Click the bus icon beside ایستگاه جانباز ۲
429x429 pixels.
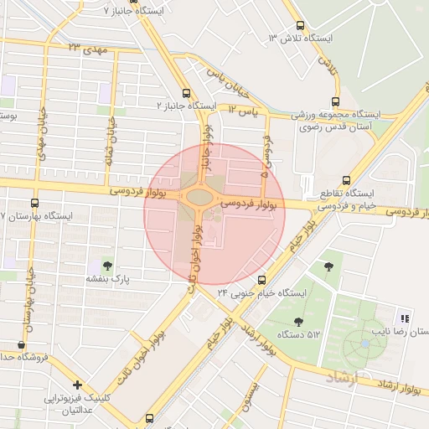185,94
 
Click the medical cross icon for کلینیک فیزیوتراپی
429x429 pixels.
77,385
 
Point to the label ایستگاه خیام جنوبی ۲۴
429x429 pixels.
262,292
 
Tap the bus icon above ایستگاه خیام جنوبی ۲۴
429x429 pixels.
262,280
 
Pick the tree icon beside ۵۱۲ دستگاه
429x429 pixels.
299,322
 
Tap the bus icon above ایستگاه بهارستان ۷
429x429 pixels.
34,203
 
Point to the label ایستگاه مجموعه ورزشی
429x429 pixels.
343,113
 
